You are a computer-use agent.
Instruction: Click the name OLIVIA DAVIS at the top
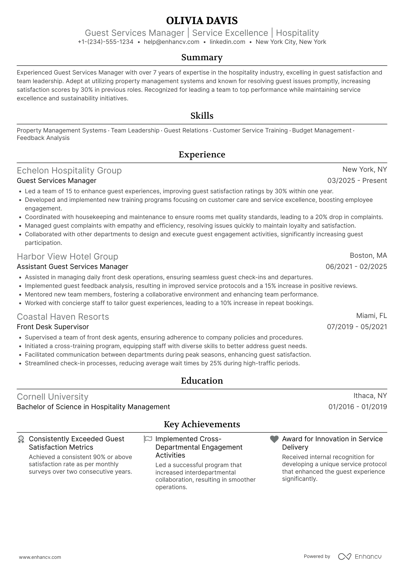pos(202,21)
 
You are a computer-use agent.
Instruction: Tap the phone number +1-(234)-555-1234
pos(105,42)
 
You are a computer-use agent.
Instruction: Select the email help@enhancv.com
pos(171,42)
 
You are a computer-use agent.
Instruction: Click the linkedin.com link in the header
pos(227,42)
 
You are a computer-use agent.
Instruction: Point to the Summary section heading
pos(202,57)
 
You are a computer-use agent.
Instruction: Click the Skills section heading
pos(202,116)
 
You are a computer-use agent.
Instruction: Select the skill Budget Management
pos(321,130)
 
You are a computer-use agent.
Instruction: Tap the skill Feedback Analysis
pos(43,138)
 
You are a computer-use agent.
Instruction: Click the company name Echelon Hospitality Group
pos(69,171)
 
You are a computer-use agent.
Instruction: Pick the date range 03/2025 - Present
pos(357,181)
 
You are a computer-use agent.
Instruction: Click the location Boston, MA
pos(368,255)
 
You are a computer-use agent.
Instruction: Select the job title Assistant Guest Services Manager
pos(72,267)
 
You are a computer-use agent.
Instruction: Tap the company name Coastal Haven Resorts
pos(63,317)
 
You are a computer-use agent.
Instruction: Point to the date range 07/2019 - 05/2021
pos(357,327)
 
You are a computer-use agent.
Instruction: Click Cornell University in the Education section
pos(52,397)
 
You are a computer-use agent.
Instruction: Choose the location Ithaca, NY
pos(370,396)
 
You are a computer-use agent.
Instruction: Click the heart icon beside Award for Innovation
pos(274,439)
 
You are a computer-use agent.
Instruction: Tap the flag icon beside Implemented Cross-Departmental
pos(148,439)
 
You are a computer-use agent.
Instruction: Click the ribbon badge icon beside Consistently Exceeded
pos(21,439)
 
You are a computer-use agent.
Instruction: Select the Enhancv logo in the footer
pos(360,557)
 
